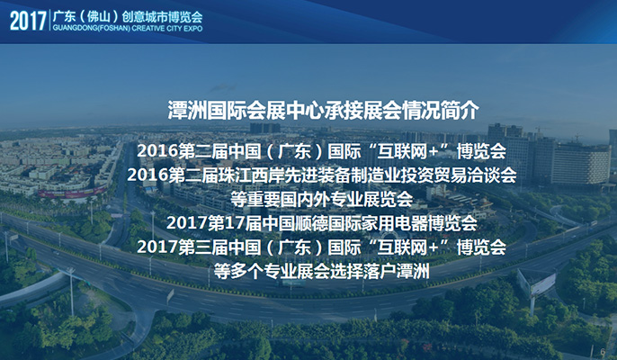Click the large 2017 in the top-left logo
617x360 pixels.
28,22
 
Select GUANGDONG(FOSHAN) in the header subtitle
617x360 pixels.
92,29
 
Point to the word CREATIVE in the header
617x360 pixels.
148,29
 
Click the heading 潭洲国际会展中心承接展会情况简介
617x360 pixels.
324,110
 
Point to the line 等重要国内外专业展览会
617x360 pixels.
321,199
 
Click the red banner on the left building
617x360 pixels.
72,193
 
